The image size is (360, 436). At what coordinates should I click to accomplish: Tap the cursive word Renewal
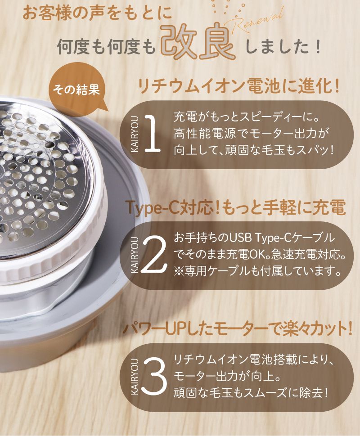256,20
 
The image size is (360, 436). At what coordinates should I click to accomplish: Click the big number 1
152,134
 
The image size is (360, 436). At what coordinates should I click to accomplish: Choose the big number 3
154,376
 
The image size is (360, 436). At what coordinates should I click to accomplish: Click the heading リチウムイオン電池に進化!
238,86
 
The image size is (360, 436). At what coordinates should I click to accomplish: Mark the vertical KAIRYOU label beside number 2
135,255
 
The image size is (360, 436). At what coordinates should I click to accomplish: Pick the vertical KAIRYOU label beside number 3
135,377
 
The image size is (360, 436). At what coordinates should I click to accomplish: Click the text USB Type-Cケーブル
282,238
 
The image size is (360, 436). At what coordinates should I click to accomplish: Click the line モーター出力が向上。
226,377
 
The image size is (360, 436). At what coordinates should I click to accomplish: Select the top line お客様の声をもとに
97,14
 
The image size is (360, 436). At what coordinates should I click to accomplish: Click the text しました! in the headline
283,47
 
